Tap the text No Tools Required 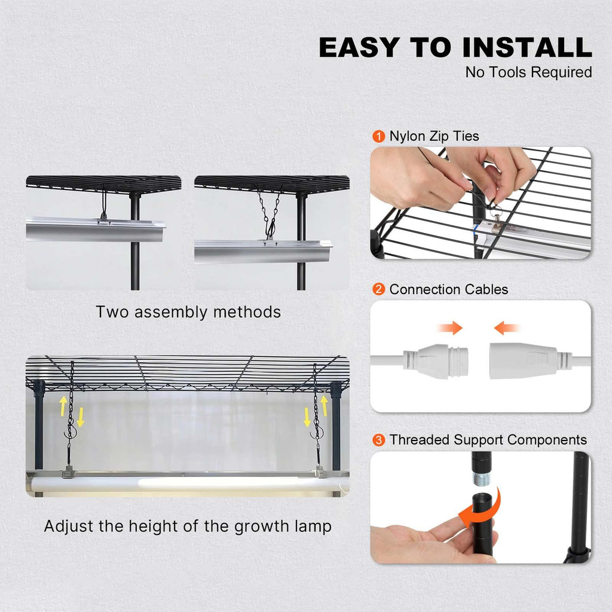pos(528,72)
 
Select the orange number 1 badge pos(378,136)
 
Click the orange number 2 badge pos(378,290)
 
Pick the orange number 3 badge pos(378,440)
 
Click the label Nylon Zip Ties pos(434,136)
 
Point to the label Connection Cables pos(448,290)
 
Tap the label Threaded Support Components pos(488,440)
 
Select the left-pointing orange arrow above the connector pos(506,328)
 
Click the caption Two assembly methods pos(188,312)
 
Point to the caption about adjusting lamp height pos(188,527)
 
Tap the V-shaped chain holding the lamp pos(271,212)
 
